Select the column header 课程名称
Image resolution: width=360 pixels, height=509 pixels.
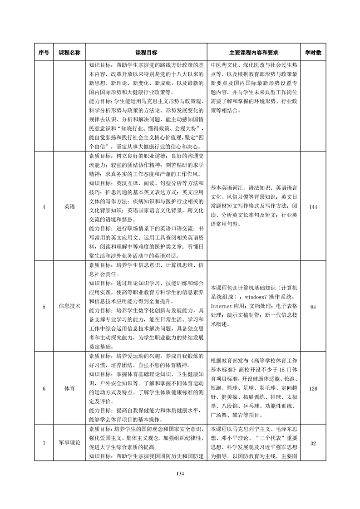point(69,53)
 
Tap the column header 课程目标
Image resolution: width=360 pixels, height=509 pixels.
point(147,53)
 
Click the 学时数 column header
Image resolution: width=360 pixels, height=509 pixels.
point(313,53)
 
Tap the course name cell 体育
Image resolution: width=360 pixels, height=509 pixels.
point(69,389)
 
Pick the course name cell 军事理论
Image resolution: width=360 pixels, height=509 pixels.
point(69,443)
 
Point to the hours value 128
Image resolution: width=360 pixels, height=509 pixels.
point(313,389)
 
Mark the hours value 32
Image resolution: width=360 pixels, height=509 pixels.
point(313,443)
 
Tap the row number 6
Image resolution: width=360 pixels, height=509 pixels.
point(44,389)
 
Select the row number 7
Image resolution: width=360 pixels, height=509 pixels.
point(44,443)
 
